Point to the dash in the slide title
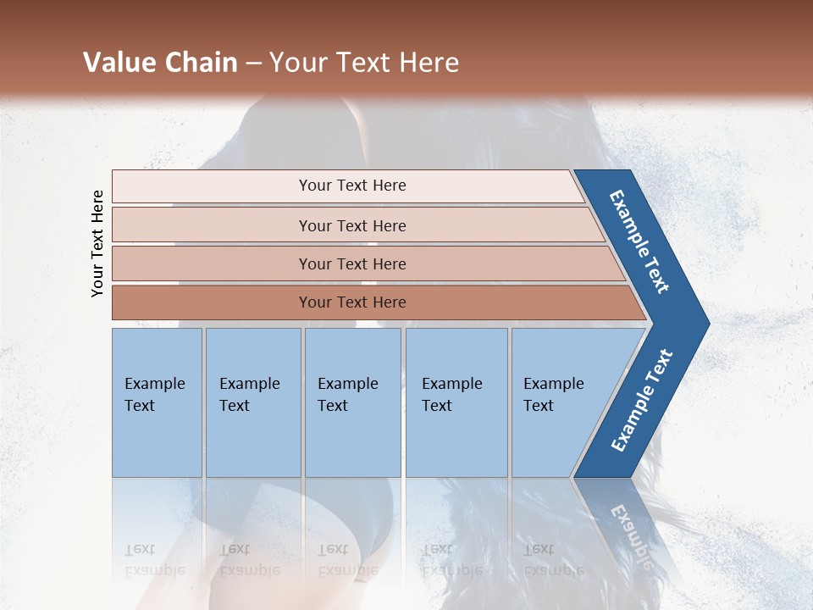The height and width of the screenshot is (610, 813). [253, 64]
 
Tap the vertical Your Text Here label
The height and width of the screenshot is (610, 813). [97, 243]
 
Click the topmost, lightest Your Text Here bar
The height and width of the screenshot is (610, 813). [351, 186]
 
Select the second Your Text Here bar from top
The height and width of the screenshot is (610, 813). [351, 225]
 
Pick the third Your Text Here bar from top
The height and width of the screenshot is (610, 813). [351, 263]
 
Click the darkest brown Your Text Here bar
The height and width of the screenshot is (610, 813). [351, 302]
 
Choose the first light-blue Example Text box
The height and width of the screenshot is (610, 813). [157, 402]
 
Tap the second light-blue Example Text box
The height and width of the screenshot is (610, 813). [252, 402]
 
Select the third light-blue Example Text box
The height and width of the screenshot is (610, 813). [351, 402]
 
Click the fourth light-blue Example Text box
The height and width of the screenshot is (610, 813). [456, 402]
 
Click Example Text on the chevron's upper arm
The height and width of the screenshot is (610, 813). [639, 242]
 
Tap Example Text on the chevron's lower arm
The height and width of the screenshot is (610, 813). [641, 401]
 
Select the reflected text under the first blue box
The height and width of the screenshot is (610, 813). [154, 559]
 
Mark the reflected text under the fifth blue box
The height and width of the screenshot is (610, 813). [553, 559]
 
